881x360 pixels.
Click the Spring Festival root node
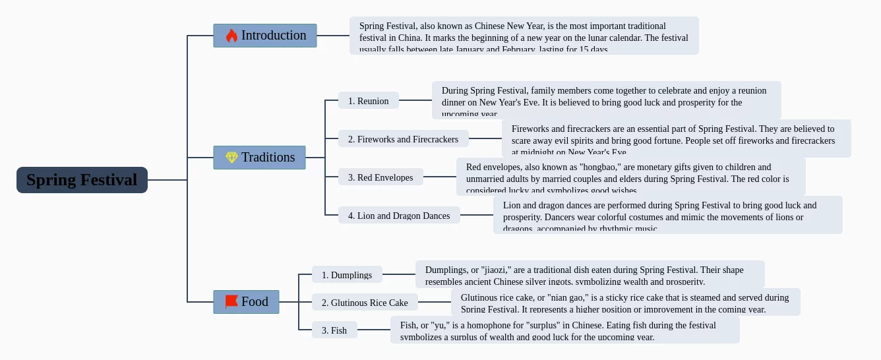82,180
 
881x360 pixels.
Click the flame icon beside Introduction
231,36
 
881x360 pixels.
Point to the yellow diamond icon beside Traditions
231,158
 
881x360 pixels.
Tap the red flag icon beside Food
231,302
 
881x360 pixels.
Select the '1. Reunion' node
369,101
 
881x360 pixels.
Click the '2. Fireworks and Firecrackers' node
403,139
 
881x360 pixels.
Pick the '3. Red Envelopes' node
380,177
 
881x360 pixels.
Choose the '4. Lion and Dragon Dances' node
399,216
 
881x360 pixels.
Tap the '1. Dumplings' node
347,275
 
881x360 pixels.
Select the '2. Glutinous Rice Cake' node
365,303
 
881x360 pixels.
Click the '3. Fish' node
334,330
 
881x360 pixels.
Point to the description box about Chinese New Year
524,36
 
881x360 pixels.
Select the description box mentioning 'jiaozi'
590,274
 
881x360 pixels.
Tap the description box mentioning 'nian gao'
625,302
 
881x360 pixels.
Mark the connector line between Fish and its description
374,330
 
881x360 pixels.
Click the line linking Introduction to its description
333,36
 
